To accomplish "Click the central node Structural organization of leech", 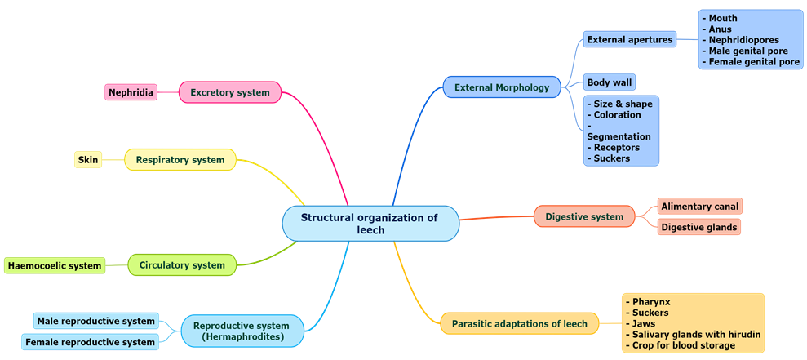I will (x=370, y=224).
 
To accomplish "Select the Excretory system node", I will (x=229, y=92).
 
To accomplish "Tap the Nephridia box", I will (x=131, y=92).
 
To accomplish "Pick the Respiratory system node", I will (x=180, y=160).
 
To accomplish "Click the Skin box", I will (x=88, y=160).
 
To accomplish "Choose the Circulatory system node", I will (x=182, y=265).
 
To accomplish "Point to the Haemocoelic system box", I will (x=55, y=265).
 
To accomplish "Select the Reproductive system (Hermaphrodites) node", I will (x=243, y=331).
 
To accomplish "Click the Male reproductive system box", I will (x=95, y=322).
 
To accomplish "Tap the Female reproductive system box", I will (x=90, y=342).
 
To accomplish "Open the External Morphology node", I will (x=502, y=87).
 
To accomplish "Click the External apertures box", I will (x=630, y=39).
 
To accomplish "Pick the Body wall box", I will (x=609, y=82).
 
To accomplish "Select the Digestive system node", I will (x=583, y=216).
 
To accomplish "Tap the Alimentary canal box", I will (x=699, y=207).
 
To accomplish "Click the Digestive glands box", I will (x=699, y=227).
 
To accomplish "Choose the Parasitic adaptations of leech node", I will (x=519, y=324).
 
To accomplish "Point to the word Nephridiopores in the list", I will (x=743, y=40).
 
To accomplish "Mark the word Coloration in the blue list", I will (x=618, y=115).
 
